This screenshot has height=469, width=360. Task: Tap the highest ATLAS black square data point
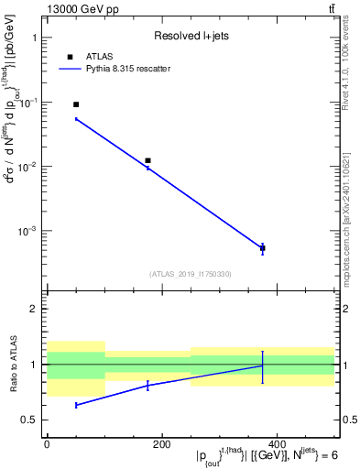pos(76,104)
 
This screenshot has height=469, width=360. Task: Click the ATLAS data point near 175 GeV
pos(147,160)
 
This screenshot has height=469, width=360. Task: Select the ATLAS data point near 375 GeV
pos(263,248)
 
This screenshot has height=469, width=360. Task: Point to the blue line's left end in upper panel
pos(76,119)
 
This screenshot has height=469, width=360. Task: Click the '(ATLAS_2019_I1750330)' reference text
pos(190,274)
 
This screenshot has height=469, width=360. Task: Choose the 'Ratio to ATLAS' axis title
pos(12,364)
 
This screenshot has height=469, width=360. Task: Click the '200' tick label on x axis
pos(161,444)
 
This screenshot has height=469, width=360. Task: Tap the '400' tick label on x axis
pos(277,444)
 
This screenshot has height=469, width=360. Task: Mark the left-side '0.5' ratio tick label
pos(30,420)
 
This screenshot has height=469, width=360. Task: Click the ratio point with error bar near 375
pos(263,365)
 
